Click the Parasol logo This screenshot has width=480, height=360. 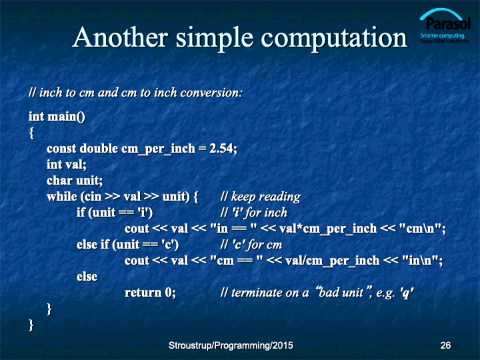[445, 26]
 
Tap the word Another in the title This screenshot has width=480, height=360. [120, 37]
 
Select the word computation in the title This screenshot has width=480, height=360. [334, 39]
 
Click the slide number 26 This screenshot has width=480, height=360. [445, 345]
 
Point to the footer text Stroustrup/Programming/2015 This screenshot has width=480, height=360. [231, 345]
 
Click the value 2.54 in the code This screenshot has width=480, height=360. [221, 149]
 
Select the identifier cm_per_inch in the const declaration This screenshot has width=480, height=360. [158, 149]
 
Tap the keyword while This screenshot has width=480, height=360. [62, 197]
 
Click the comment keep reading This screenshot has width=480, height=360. [260, 197]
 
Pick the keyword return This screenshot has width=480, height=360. [143, 293]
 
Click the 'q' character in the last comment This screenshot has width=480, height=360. [407, 293]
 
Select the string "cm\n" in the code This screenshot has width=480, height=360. [421, 229]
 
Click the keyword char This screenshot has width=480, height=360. [60, 181]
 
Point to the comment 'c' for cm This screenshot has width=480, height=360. [251, 245]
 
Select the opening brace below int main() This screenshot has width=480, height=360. [31, 133]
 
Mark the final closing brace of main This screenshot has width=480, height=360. [31, 325]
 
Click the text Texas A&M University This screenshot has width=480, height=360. [445, 41]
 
